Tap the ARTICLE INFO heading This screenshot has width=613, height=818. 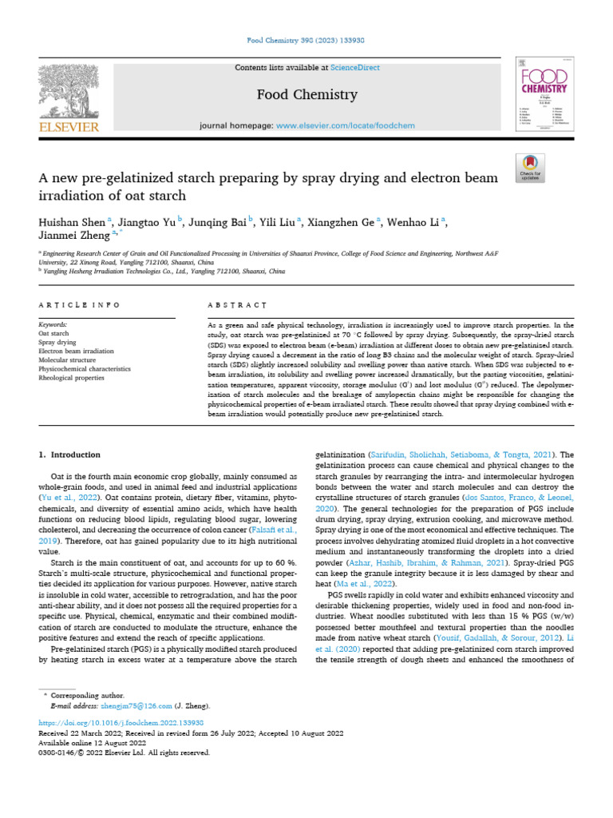click(x=80, y=305)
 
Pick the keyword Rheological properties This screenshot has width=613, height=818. click(x=72, y=378)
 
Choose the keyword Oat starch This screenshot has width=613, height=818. click(x=54, y=334)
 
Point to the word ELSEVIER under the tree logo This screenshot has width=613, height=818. click(x=68, y=127)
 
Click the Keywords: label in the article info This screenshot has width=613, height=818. click(x=53, y=325)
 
